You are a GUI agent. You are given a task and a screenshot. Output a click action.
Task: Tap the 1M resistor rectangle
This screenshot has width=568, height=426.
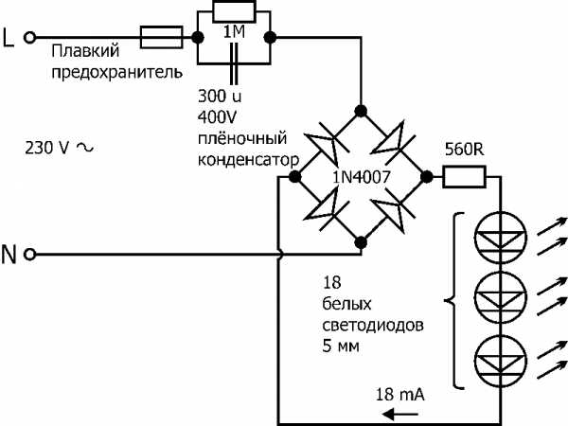(x=233, y=12)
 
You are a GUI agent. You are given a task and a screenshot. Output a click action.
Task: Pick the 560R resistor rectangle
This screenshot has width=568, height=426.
(x=465, y=175)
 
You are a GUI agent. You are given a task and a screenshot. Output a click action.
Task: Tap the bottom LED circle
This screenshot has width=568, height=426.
(x=497, y=355)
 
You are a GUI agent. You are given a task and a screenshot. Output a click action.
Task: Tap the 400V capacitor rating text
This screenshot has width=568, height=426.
(x=216, y=115)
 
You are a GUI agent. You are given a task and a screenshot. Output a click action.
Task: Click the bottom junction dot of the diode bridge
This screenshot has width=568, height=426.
(x=361, y=243)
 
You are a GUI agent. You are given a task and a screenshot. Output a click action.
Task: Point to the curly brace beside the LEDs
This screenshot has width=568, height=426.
(x=450, y=301)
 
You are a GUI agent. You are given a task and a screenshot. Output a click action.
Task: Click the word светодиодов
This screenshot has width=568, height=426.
(x=368, y=324)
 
